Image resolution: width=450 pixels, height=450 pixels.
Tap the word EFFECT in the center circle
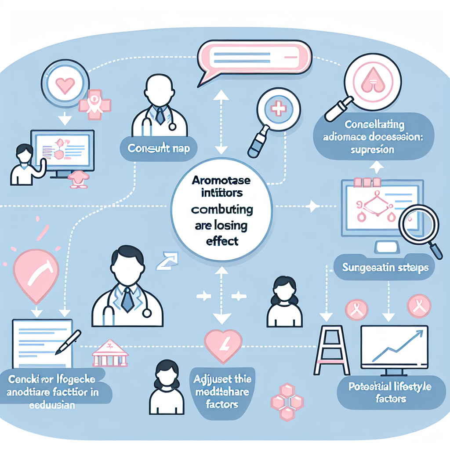[221, 241]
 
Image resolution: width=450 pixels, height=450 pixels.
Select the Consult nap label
[158, 149]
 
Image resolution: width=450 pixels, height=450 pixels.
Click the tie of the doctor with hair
[127, 299]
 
